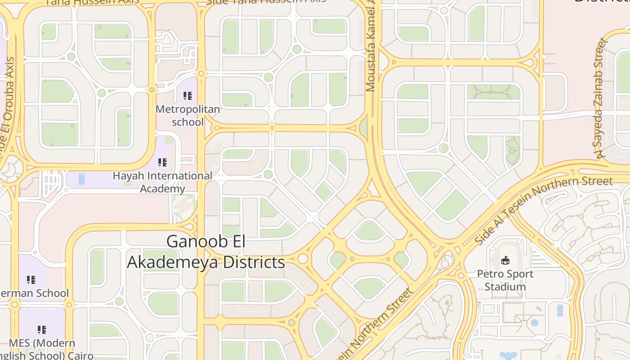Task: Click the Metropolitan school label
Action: click(188, 116)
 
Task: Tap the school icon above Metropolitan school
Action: click(188, 95)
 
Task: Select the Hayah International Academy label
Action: click(162, 182)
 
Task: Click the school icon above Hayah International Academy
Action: click(162, 162)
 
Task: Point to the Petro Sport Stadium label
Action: click(505, 280)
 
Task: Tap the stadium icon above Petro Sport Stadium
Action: click(505, 260)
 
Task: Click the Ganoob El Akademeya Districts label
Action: click(206, 252)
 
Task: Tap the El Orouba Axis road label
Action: click(6, 103)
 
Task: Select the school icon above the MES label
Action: click(42, 330)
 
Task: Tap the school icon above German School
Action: click(31, 280)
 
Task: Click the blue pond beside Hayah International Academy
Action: click(81, 179)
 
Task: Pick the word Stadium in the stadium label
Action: click(505, 287)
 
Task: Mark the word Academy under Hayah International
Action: click(162, 189)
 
